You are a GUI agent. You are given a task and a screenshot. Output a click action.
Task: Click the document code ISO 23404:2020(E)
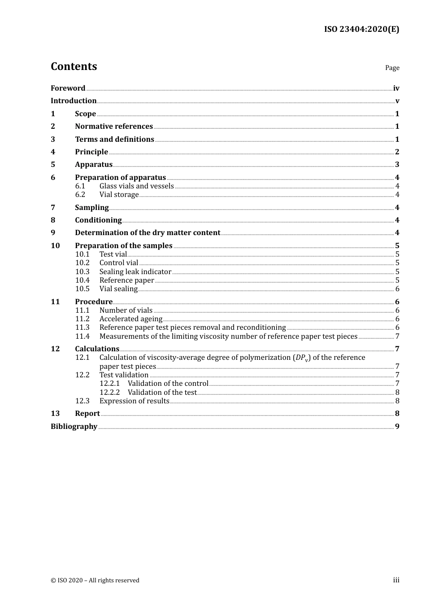tap(361, 29)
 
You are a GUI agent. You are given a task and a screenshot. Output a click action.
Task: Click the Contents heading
tap(74, 66)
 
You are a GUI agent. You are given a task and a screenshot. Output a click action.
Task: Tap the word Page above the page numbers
tap(392, 68)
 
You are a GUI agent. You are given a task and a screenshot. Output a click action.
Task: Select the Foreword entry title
tap(68, 88)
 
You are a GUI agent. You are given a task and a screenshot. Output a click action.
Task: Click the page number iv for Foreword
tap(396, 88)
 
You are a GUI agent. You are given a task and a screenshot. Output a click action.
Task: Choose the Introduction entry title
tap(74, 101)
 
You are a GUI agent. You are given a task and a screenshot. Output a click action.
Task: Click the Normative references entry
tap(114, 127)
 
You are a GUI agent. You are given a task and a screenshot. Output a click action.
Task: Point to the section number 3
tap(53, 139)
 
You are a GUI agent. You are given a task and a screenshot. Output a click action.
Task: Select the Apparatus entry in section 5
tap(93, 165)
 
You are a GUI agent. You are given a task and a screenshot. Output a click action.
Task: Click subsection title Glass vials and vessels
tap(136, 186)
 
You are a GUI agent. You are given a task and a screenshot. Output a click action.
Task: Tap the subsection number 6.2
tap(80, 195)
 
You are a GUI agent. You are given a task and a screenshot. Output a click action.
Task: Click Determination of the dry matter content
tap(148, 233)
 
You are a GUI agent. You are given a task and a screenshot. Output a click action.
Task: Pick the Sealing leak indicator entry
tap(135, 272)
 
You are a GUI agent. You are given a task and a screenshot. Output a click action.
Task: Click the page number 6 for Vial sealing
tap(397, 289)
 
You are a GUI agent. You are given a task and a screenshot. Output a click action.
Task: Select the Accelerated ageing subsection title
tap(131, 319)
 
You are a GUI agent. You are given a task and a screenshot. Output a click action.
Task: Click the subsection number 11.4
tap(83, 336)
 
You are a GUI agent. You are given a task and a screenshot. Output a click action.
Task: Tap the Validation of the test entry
tap(162, 393)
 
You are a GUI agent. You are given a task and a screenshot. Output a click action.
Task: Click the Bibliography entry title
tap(74, 427)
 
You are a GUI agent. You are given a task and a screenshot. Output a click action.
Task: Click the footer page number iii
tap(396, 580)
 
